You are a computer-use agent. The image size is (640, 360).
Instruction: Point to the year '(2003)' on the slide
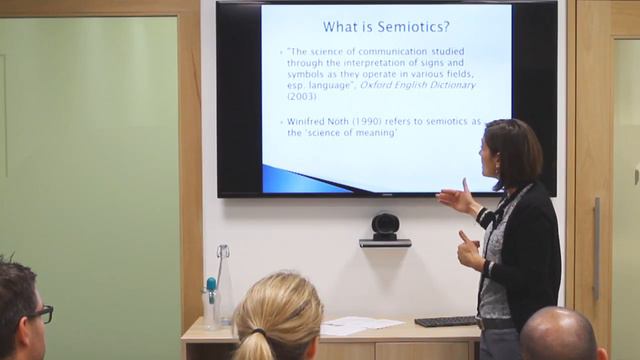coord(301,96)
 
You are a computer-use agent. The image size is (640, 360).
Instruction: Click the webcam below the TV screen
coord(385,227)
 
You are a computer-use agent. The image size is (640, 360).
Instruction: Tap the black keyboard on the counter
coord(447,321)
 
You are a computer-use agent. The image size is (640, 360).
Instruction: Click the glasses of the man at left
coord(41,314)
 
